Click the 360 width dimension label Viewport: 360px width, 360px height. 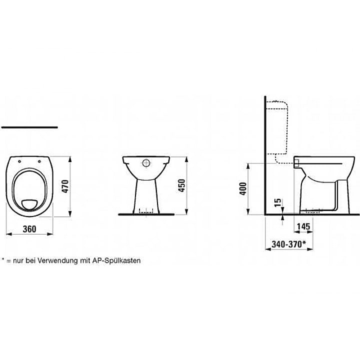click(x=29, y=229)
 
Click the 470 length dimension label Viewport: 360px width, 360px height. click(x=65, y=186)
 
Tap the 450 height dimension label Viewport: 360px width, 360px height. click(x=181, y=185)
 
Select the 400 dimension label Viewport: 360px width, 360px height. click(x=242, y=188)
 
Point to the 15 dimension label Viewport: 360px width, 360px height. click(x=278, y=202)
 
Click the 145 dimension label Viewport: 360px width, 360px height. click(x=303, y=226)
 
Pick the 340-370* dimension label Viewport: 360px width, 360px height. click(x=289, y=244)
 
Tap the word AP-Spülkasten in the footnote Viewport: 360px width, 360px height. click(x=116, y=261)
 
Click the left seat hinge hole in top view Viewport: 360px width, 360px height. click(x=19, y=161)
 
